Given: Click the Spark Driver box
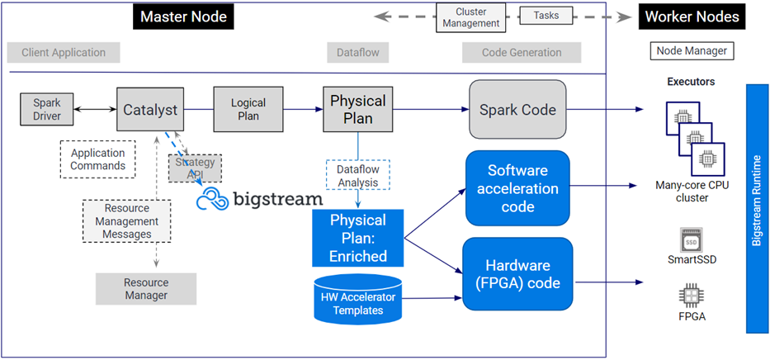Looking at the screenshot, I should pos(47,111).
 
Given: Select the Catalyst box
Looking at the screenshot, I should pos(150,110).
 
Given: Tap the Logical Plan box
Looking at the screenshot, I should pos(248,109).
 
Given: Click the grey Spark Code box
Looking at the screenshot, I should pos(517,109).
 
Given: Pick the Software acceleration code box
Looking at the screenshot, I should pos(517,187).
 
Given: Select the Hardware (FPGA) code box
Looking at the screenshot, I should pos(517,273).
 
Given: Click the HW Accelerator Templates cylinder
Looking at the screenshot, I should pos(358,300).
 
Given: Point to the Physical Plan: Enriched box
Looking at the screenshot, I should pos(358,238).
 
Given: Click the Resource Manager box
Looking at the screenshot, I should pos(146,289).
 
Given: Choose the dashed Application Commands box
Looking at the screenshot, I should pos(97,159).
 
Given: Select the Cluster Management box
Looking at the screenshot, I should pos(471,17).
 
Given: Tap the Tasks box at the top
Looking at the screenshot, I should pos(546,15).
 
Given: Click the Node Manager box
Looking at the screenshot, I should pos(692,51).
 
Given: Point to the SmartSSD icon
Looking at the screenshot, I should pos(691,240).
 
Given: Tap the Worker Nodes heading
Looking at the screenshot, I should pos(692,17).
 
